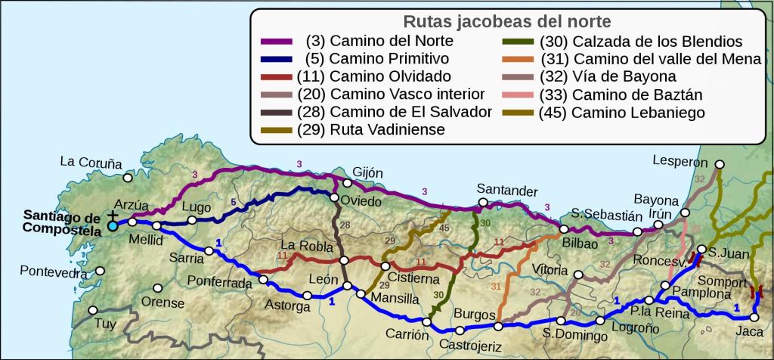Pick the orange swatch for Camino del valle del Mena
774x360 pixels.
coord(522,59)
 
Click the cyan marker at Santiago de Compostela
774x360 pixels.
coord(113,225)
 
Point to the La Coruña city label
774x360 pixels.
coord(91,162)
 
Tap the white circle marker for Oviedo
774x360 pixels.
coord(334,198)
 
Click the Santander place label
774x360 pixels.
coord(507,189)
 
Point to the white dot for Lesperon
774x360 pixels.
coord(720,163)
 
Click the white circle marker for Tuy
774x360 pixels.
coord(93,310)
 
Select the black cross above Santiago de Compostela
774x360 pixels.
coord(113,215)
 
